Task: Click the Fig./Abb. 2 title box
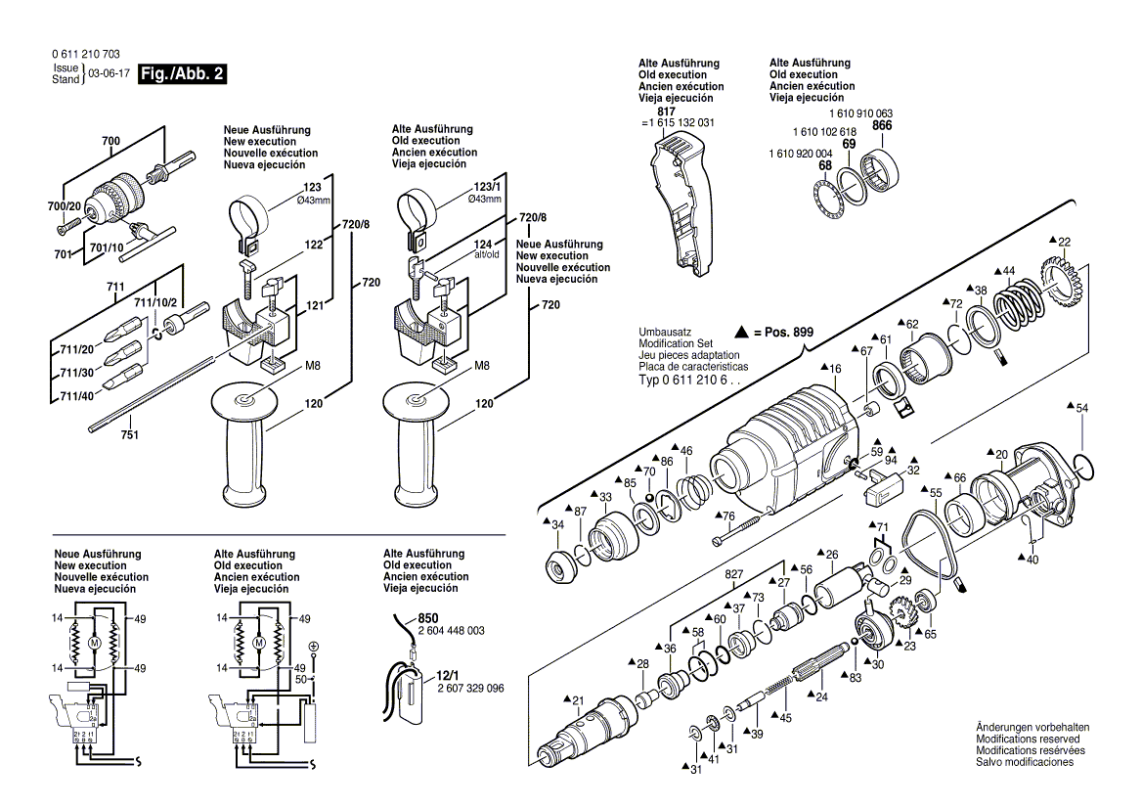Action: click(183, 74)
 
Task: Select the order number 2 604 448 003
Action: click(451, 631)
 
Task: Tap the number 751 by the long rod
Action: click(129, 435)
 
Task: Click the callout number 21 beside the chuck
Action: click(577, 699)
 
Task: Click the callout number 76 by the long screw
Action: click(728, 516)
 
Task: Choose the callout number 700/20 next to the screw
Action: click(66, 207)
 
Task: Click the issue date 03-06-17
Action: click(107, 74)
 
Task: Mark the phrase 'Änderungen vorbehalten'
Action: click(1032, 727)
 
